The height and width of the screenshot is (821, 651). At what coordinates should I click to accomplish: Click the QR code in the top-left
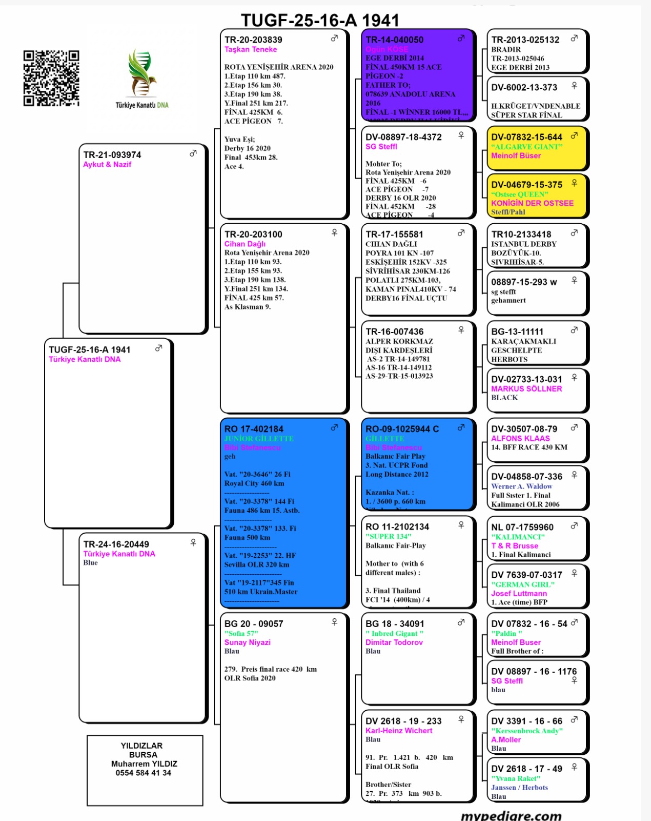click(x=51, y=78)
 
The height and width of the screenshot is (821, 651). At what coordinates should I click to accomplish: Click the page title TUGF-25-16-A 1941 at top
click(x=320, y=20)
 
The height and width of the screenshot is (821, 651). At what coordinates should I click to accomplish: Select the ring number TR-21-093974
click(x=112, y=155)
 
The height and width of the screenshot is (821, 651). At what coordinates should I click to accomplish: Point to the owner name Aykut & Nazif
click(x=107, y=165)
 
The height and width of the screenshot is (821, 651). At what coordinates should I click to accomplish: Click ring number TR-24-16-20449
click(x=116, y=544)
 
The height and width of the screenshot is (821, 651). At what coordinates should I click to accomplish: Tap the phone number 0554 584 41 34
click(x=144, y=773)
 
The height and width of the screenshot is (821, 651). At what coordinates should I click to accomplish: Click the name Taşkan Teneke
click(x=251, y=50)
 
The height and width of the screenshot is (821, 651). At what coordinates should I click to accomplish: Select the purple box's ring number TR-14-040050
click(x=395, y=40)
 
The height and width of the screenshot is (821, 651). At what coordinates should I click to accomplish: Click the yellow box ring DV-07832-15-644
click(x=526, y=138)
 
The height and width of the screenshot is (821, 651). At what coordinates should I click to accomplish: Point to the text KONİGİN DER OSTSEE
click(x=532, y=203)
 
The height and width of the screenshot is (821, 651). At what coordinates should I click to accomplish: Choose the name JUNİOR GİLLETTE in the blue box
click(x=259, y=439)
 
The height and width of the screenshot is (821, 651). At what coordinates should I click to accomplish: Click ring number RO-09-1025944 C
click(x=402, y=429)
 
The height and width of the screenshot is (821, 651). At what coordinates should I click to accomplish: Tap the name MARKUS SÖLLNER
click(x=526, y=389)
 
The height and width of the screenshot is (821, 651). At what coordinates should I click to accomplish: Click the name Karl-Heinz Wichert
click(x=399, y=731)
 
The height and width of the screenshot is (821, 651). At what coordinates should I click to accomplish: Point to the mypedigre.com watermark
click(x=511, y=815)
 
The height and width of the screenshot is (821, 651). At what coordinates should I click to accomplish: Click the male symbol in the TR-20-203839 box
click(x=334, y=38)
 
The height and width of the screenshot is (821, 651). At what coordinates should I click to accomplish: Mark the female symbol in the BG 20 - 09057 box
click(x=334, y=622)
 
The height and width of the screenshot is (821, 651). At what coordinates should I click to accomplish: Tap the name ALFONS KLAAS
click(x=520, y=439)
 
